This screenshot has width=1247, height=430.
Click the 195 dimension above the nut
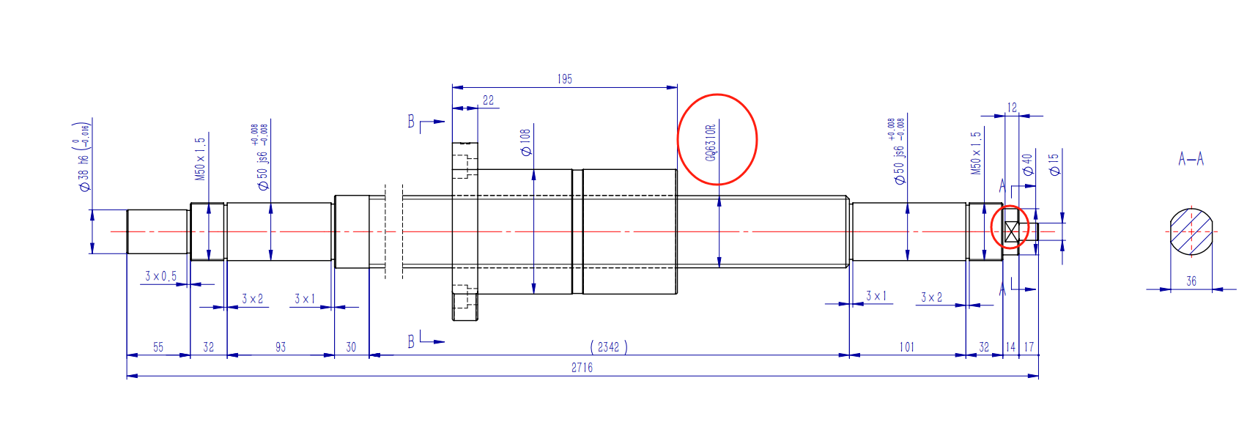point(564,79)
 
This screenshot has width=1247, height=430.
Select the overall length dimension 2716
point(582,368)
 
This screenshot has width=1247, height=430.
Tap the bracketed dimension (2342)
point(608,347)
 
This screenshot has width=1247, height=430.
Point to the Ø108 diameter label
point(525,143)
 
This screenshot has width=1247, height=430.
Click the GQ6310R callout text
point(710,142)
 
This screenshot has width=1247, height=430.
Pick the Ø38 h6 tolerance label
point(84,157)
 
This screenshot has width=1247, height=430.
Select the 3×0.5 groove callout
point(160,276)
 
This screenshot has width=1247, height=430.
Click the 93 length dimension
point(281,347)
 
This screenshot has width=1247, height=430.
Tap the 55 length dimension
point(158,347)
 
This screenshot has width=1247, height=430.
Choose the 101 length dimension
point(907,347)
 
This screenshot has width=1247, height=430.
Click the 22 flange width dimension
point(488,100)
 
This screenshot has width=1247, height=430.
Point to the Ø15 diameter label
point(1054,164)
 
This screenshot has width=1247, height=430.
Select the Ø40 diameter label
point(1027,164)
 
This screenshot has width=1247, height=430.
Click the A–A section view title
point(1191,159)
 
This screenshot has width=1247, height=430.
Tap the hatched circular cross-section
point(1191,231)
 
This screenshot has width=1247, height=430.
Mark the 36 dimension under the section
point(1191,281)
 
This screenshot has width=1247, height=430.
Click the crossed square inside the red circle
point(1012,231)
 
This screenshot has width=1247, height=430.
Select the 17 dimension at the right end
point(1029,347)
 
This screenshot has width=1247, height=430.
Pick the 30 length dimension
point(351,347)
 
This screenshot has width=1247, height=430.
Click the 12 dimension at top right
point(1012,108)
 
